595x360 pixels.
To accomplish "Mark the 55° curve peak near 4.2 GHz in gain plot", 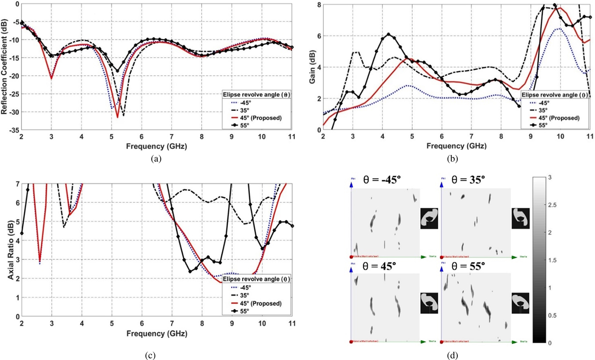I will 388,34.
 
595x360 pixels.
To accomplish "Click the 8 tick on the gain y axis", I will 318,4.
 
